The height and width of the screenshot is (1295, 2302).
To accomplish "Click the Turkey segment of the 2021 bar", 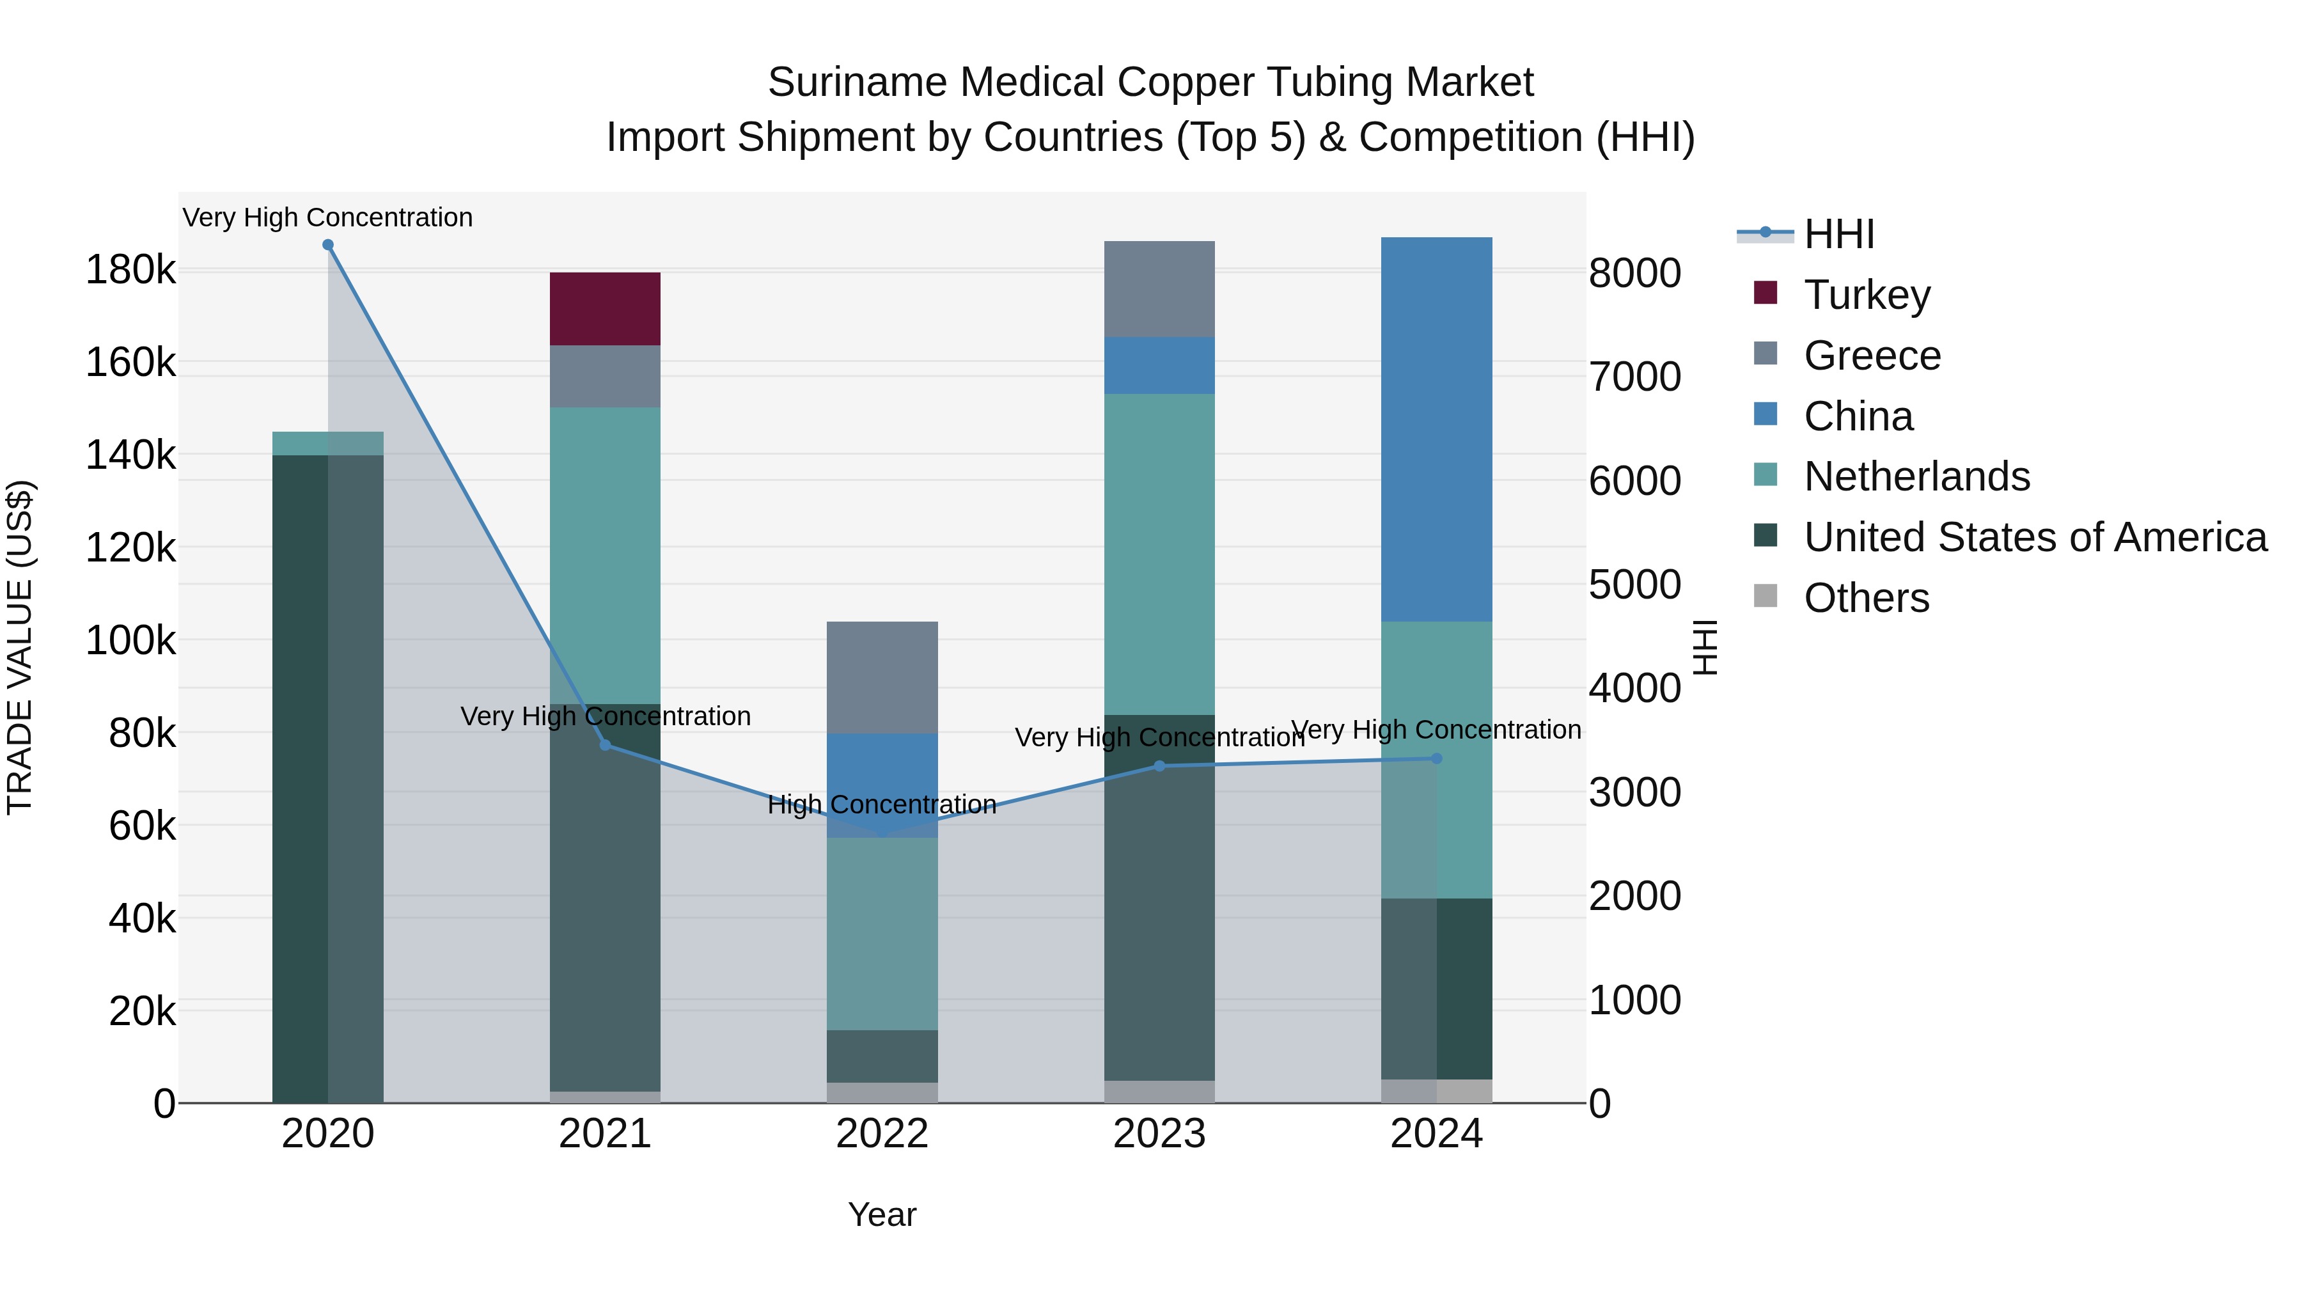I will tap(605, 308).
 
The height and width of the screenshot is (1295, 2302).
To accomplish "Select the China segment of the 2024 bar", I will tap(1436, 429).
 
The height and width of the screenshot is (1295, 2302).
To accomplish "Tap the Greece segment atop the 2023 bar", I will tap(1159, 288).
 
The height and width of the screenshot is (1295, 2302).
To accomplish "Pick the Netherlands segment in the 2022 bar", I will tap(882, 933).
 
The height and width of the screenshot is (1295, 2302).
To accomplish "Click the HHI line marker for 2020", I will tap(328, 245).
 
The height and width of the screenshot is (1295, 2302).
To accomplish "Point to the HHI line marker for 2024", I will tap(1436, 758).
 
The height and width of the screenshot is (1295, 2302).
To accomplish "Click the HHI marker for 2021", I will tap(605, 746).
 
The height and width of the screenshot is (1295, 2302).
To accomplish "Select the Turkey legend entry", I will tap(1866, 295).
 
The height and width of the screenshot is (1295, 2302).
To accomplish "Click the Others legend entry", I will tap(1866, 598).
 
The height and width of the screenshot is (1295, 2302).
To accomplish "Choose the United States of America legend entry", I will tap(2034, 537).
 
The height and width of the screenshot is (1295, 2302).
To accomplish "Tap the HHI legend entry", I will tap(1838, 234).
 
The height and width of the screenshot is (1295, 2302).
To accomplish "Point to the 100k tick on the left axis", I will tap(130, 641).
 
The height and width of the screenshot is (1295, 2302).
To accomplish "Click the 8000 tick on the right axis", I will tap(1634, 274).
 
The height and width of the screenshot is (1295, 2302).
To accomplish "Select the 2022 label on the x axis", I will tap(882, 1134).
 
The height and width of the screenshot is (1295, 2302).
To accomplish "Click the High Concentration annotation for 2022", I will tap(882, 804).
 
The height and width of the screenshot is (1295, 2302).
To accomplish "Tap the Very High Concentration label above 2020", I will tap(328, 217).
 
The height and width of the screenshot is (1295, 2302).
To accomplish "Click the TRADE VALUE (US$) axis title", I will tap(20, 647).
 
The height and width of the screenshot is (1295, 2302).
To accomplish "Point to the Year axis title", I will tap(882, 1214).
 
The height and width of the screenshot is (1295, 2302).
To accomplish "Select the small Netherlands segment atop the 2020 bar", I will tap(328, 443).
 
